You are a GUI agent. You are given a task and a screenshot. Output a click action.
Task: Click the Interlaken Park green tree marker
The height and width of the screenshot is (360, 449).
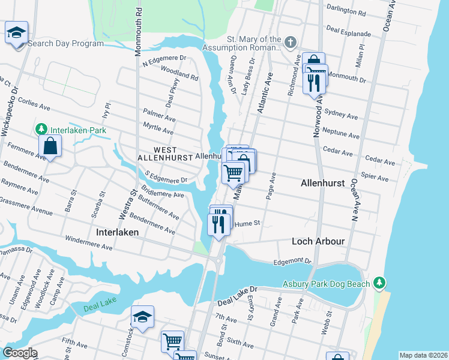[41, 129]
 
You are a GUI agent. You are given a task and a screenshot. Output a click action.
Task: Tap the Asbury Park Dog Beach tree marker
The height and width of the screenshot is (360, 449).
[378, 282]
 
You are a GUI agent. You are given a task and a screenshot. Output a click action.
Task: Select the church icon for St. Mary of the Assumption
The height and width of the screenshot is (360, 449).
[291, 42]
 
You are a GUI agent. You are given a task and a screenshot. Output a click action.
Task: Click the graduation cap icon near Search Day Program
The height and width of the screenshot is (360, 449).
[16, 32]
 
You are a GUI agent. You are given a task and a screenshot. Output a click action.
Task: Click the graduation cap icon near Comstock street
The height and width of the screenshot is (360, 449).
[142, 317]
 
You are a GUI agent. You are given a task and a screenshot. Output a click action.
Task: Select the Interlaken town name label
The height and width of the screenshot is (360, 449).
[118, 232]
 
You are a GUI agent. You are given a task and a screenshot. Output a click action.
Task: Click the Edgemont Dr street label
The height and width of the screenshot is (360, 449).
[292, 262]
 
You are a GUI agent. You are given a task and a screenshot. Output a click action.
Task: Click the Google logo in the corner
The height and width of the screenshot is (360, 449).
[20, 352]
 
